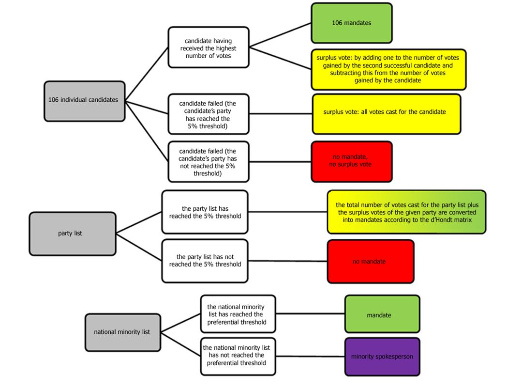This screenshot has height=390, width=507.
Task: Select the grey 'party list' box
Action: coord(72,234)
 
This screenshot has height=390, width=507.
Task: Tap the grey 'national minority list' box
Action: coord(122,332)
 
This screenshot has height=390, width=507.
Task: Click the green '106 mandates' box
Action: coord(351,23)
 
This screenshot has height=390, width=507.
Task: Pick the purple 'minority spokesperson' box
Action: coord(382,357)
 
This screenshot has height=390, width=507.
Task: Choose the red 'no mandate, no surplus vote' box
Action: coord(352,161)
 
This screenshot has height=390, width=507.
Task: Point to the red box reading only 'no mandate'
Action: coord(370,262)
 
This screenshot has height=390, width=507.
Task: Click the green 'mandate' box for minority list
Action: coord(382,315)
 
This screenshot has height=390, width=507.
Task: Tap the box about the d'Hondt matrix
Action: coord(406,212)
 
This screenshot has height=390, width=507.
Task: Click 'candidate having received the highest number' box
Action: coord(209,47)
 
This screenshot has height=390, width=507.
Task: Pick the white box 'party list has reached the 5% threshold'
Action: coord(205,212)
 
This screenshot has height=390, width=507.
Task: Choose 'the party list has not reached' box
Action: coord(205,261)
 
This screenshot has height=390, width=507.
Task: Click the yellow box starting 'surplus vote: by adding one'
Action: coord(388,69)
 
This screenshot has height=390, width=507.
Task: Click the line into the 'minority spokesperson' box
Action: coord(310,357)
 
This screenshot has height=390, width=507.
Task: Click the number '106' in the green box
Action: coord(338,23)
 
